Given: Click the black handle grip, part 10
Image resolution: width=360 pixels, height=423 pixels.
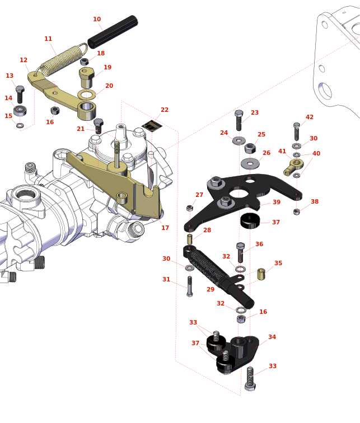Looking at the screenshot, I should pos(113,32).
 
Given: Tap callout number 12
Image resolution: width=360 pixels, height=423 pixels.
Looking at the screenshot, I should pos(24,60).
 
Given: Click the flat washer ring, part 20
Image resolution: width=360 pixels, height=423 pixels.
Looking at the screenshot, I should pos(86,95).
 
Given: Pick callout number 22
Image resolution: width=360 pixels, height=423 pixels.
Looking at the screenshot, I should pos(164,110).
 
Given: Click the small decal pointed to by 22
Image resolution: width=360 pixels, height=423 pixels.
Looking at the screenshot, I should pos(152,126).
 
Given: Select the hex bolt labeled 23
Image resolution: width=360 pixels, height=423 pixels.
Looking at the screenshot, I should pos(239,120).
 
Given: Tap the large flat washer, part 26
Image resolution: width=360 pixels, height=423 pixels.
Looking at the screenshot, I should pos(250,163).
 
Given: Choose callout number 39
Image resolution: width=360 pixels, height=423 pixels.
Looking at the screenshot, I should pos(276,203).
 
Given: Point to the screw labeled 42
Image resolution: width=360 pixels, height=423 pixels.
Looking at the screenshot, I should pos(297,132).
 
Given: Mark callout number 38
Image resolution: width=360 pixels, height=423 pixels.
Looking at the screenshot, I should pos(314,202).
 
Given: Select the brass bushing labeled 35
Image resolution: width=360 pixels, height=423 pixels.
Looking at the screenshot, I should pos(261,274).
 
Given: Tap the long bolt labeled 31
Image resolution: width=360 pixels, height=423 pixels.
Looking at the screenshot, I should pos(190,286).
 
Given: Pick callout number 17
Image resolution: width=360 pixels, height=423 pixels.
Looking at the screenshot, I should pos(165,228).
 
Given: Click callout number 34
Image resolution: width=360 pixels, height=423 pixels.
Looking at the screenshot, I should pos(272,337).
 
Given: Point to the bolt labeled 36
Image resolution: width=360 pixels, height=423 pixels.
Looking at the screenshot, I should pos(241,253).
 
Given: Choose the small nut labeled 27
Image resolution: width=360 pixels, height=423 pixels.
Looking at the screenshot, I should pos(190,208).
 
